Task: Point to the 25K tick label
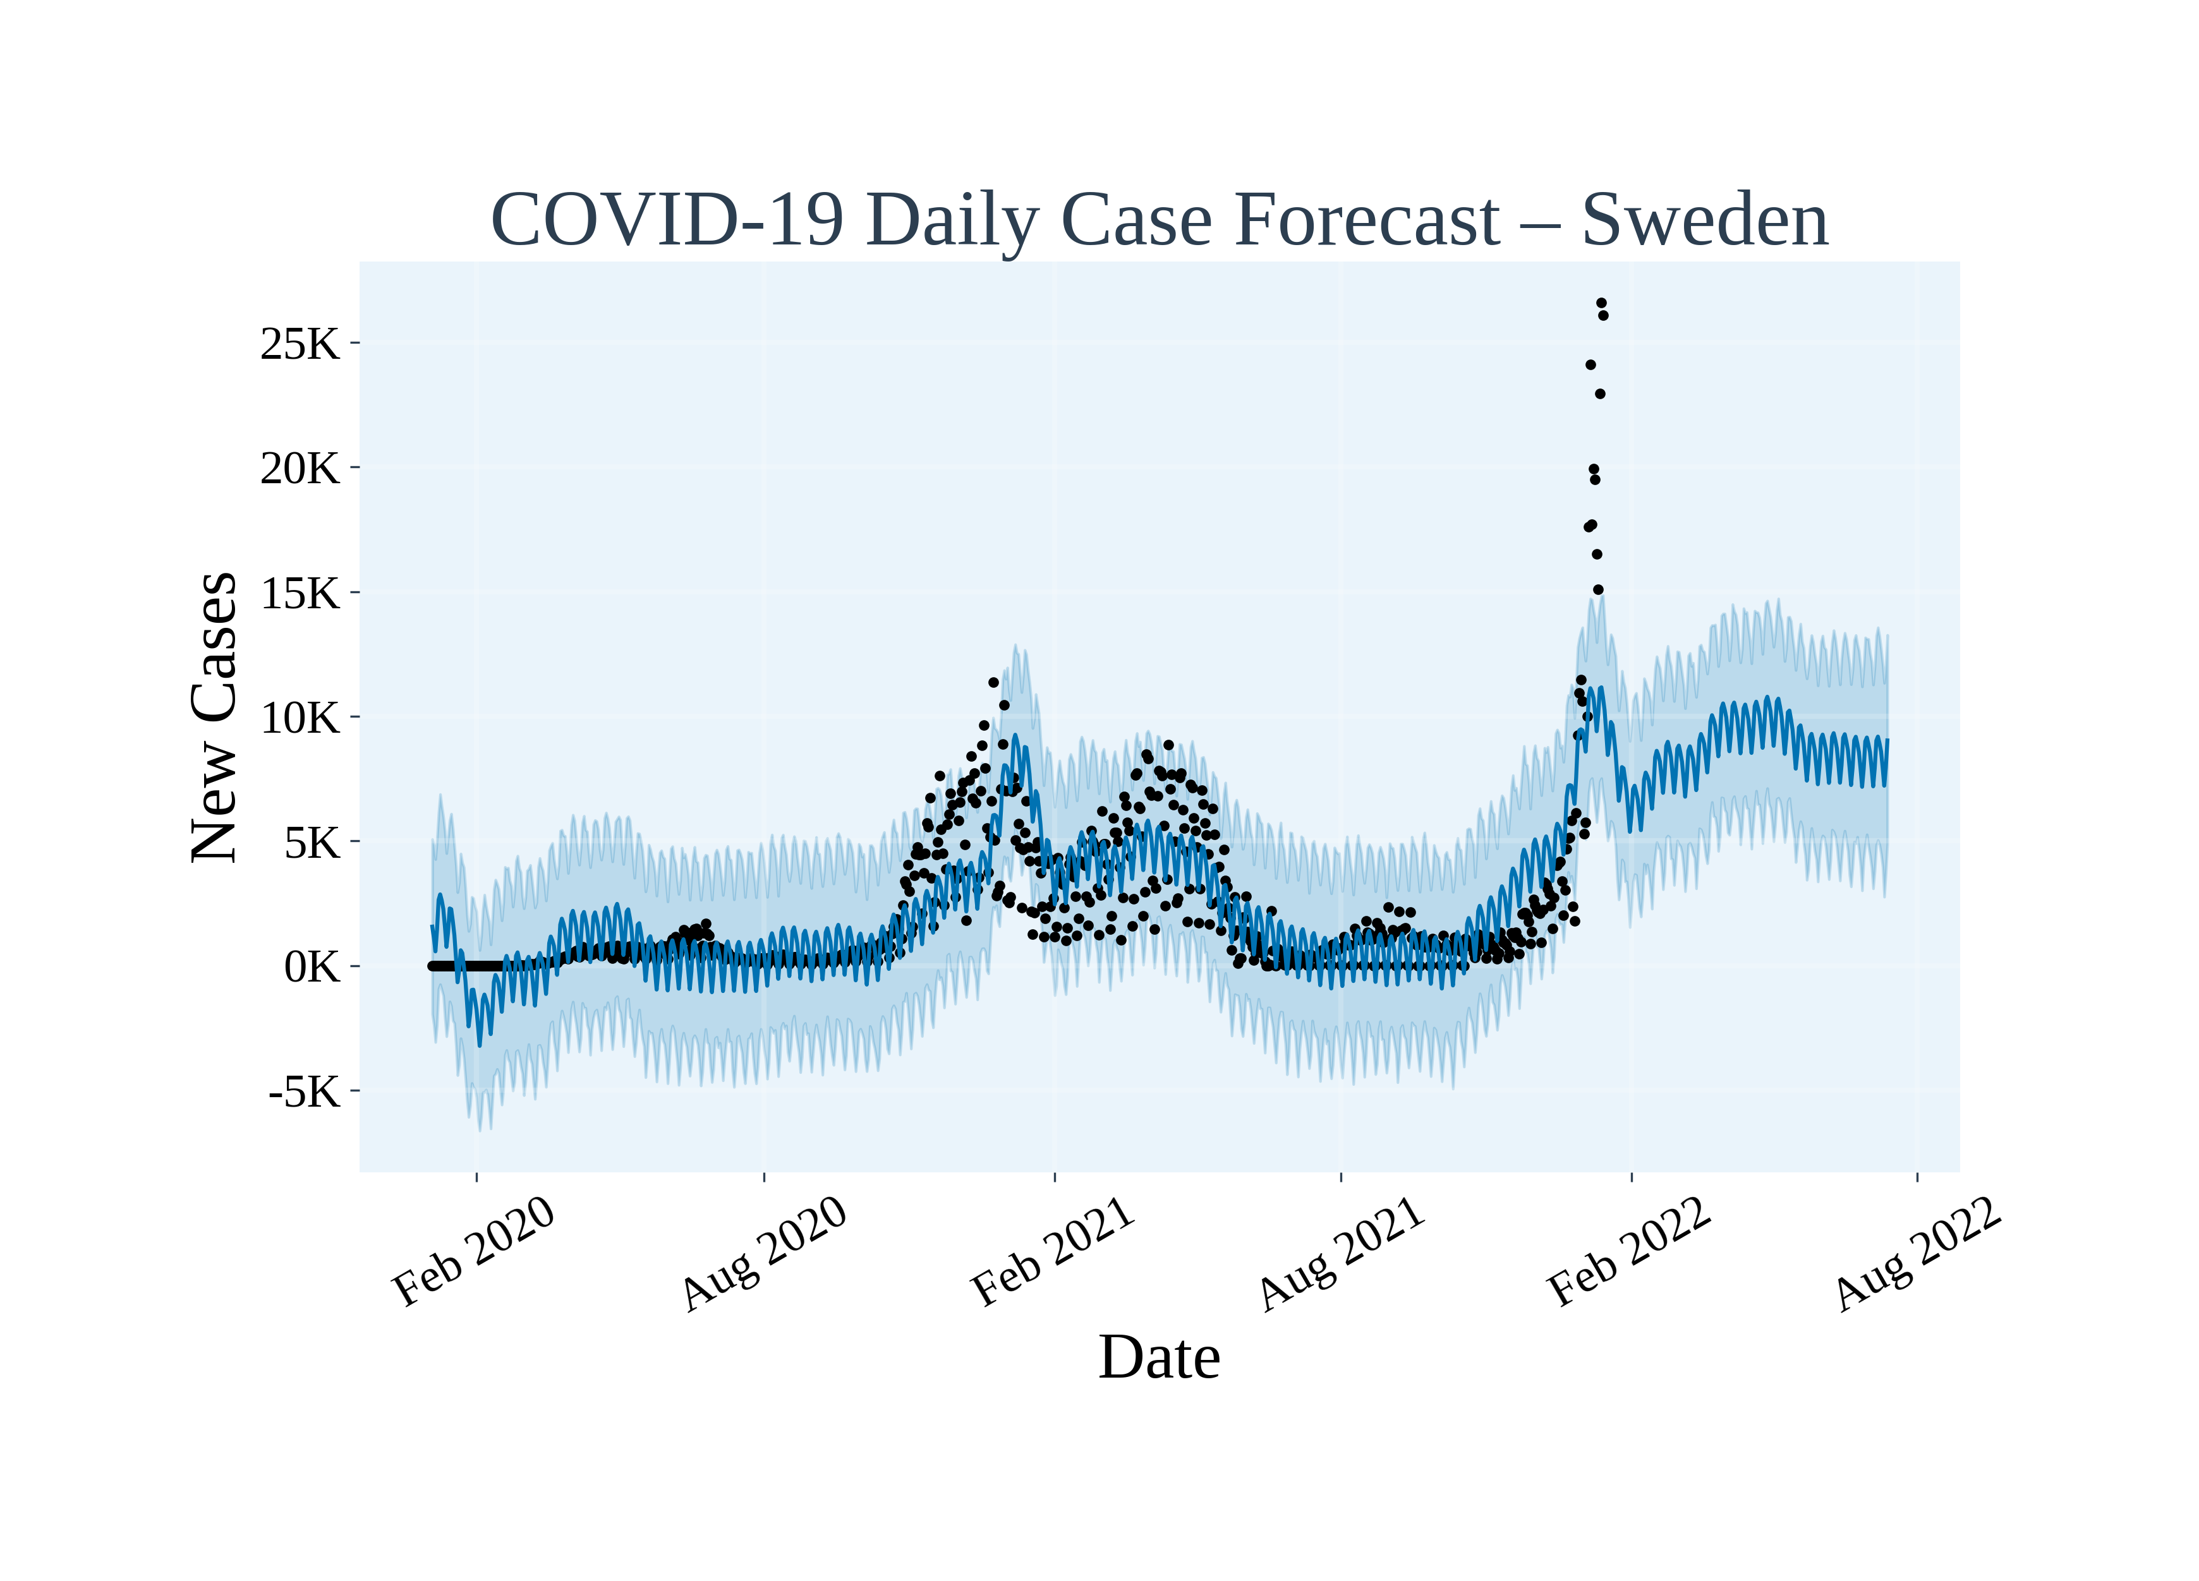[x=300, y=344]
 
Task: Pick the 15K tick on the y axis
[x=300, y=593]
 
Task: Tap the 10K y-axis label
[x=300, y=718]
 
